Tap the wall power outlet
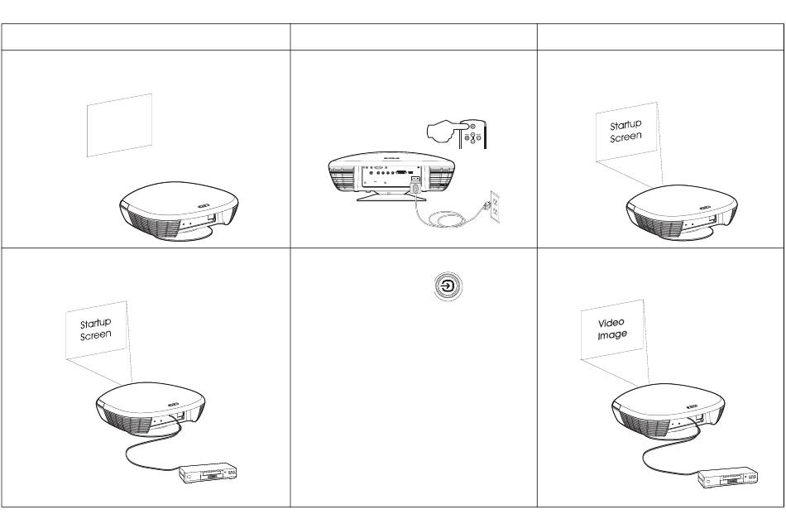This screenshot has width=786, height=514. click(x=495, y=207)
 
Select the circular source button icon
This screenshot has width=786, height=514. click(x=448, y=287)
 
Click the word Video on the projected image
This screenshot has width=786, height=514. click(x=611, y=323)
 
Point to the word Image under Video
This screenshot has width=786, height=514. click(x=612, y=334)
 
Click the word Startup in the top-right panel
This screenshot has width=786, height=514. click(x=625, y=125)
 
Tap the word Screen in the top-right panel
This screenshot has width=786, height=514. click(x=625, y=137)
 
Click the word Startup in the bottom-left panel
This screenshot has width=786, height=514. click(x=96, y=323)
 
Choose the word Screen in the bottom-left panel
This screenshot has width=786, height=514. click(x=96, y=335)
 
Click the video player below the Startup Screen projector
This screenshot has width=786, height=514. click(x=208, y=473)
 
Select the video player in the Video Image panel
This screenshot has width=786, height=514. click(x=728, y=478)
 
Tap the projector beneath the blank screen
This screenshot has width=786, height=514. click(x=179, y=211)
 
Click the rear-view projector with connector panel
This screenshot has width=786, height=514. click(x=391, y=175)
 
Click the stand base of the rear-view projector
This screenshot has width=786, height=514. click(x=391, y=196)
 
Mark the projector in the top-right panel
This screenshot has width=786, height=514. click(x=682, y=213)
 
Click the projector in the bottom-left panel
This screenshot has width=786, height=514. click(x=151, y=410)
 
